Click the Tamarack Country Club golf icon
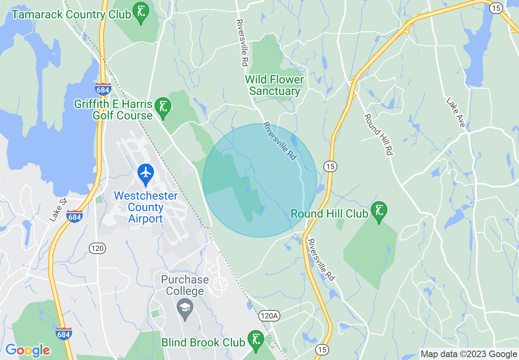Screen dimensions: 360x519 pos(141,12)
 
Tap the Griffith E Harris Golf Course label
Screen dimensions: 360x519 pos(113,110)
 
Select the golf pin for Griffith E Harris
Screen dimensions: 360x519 pos(163,107)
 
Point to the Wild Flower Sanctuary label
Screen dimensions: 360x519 pos(275,85)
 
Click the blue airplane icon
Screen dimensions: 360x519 pos(146,173)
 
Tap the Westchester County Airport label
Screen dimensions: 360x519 pos(146,207)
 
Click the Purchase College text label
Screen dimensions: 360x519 pos(185,286)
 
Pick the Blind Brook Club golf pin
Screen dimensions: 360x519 pos(256,340)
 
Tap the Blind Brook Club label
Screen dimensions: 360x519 pos(203,342)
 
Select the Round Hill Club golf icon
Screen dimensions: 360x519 pos(379,211)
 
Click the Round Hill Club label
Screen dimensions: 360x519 pos(329,214)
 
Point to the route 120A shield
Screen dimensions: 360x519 pos(269,315)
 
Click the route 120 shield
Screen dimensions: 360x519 pos(98,248)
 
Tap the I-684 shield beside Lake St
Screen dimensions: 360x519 pos(74,216)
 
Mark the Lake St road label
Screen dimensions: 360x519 pos(58,210)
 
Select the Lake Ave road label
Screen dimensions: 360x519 pos(456,112)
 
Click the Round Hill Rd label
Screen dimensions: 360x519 pos(379,134)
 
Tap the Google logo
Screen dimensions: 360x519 pos(27,350)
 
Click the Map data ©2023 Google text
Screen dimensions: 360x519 pos(469,354)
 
